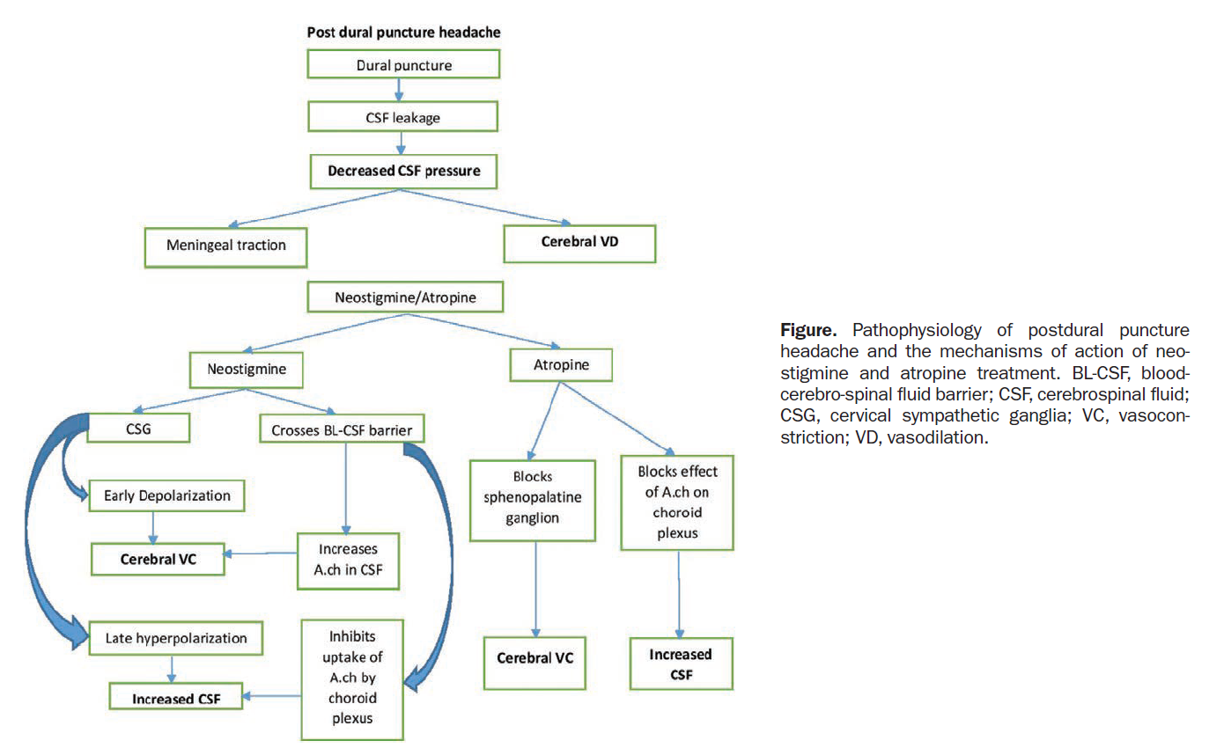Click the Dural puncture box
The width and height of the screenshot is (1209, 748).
[403, 64]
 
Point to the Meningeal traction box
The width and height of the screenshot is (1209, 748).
[225, 245]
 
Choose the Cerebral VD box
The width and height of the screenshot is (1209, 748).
[579, 243]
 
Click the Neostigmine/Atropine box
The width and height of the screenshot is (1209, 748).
[405, 297]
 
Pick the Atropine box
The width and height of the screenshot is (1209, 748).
[561, 363]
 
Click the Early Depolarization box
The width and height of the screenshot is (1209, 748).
[166, 495]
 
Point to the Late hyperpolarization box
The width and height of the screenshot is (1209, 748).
[177, 637]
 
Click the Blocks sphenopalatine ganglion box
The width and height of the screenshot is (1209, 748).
[525, 499]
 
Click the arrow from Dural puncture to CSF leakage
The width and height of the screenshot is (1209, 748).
[401, 90]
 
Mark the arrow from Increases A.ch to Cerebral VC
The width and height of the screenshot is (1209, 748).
[261, 554]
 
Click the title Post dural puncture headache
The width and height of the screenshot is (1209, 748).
[404, 33]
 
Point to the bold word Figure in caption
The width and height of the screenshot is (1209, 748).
[801, 330]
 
